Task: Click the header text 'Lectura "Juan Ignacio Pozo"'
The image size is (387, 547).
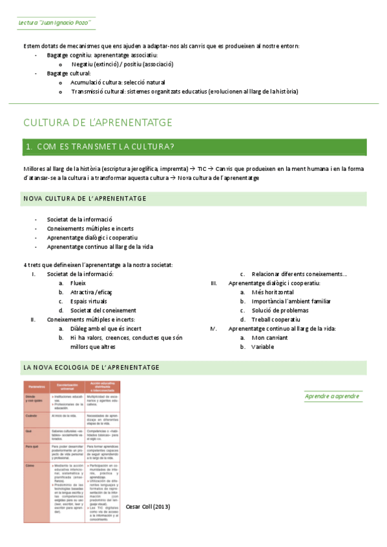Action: pyautogui.click(x=53, y=23)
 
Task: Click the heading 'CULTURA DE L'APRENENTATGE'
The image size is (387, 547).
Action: pyautogui.click(x=98, y=122)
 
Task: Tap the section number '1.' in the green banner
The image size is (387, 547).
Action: pyautogui.click(x=29, y=146)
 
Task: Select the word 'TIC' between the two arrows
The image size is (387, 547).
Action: pyautogui.click(x=202, y=168)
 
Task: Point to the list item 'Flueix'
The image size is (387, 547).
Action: pyautogui.click(x=78, y=283)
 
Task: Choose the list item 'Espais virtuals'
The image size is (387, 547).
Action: pyautogui.click(x=89, y=301)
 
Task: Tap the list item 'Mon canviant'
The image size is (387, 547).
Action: pyautogui.click(x=269, y=337)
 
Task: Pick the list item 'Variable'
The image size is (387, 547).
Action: pyautogui.click(x=263, y=346)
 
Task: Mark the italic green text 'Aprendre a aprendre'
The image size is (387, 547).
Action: pyautogui.click(x=332, y=395)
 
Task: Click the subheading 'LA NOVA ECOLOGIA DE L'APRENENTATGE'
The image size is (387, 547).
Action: pyautogui.click(x=91, y=367)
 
